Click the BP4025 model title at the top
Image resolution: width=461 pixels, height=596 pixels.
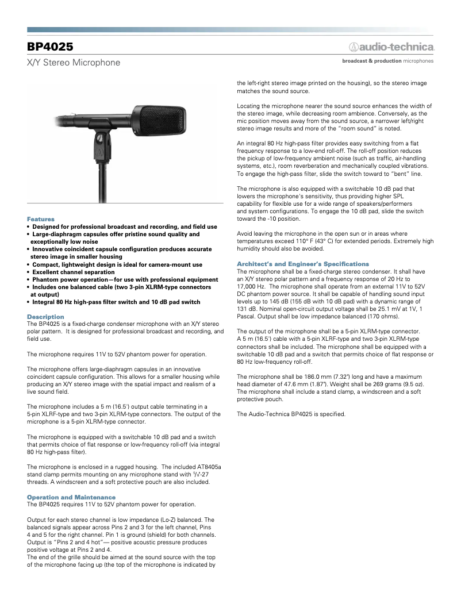[x=50, y=47]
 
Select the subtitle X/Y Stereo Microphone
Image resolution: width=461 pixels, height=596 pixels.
[x=74, y=62]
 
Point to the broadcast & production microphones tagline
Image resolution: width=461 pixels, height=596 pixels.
[x=387, y=60]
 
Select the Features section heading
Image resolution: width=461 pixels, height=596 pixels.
[x=40, y=219]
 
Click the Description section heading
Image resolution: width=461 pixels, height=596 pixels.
[x=45, y=317]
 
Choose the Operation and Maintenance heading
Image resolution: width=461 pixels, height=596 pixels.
[x=71, y=497]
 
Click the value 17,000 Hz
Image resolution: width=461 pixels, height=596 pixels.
[x=251, y=286]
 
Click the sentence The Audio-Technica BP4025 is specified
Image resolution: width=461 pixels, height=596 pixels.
[x=291, y=414]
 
